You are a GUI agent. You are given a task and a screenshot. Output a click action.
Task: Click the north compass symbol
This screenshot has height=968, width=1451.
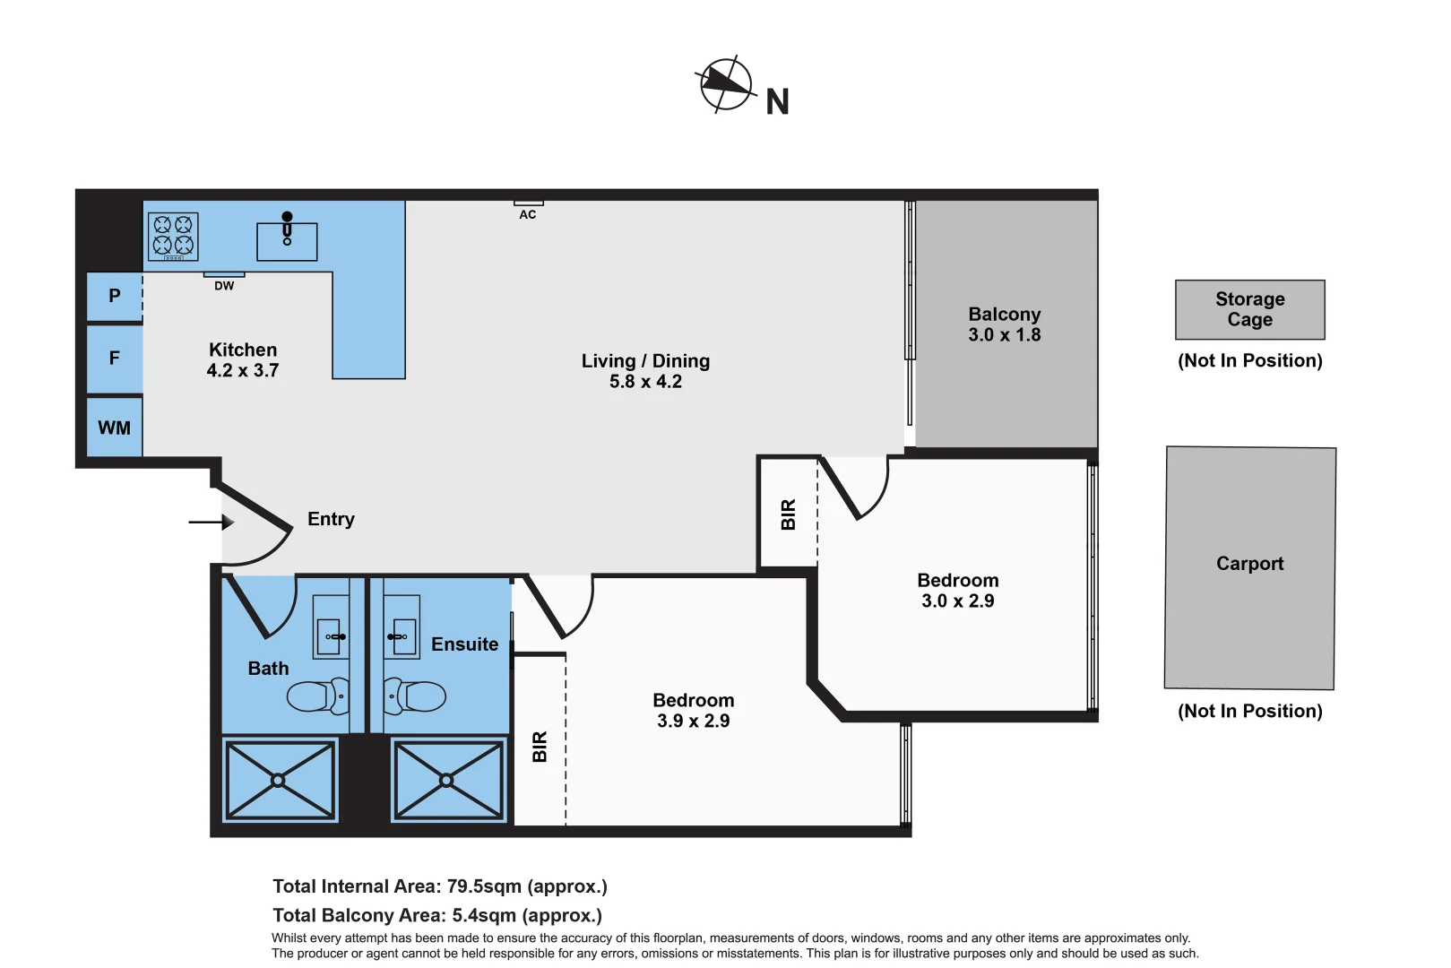[x=725, y=84]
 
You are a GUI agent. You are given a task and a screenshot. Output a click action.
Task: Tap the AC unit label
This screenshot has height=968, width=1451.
[x=528, y=214]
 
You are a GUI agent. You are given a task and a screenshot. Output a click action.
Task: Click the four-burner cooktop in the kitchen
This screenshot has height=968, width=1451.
[x=173, y=236]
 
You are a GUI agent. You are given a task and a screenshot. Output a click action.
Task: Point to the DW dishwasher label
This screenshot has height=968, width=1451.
[x=224, y=286]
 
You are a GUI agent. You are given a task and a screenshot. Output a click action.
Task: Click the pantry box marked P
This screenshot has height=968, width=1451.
[x=115, y=297]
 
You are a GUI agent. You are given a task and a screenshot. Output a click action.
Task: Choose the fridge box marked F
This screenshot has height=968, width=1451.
[x=115, y=359]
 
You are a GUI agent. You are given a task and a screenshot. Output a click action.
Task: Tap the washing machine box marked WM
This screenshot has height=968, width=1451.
[x=115, y=428]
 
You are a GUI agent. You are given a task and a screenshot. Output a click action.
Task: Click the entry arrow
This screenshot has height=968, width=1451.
[x=211, y=522]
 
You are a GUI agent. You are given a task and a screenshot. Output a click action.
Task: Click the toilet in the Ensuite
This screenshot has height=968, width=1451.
[x=416, y=696]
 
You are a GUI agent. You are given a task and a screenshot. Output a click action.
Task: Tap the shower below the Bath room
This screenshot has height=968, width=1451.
[x=280, y=780]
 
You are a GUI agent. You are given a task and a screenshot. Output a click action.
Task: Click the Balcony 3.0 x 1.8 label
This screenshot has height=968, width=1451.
[x=1004, y=324]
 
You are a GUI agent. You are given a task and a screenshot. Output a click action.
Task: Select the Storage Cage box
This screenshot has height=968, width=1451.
[x=1249, y=309]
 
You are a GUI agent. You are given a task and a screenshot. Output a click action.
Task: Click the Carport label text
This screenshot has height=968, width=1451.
[x=1249, y=564]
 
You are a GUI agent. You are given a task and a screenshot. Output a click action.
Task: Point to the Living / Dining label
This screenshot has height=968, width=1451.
[x=645, y=371]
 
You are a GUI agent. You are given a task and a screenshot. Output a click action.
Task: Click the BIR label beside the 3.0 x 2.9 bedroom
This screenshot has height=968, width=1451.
[x=789, y=514]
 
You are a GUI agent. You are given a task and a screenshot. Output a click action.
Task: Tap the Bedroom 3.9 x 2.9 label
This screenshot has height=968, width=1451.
[x=693, y=711]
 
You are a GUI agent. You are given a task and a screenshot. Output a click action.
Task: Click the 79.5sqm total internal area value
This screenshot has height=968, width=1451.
[x=484, y=886]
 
